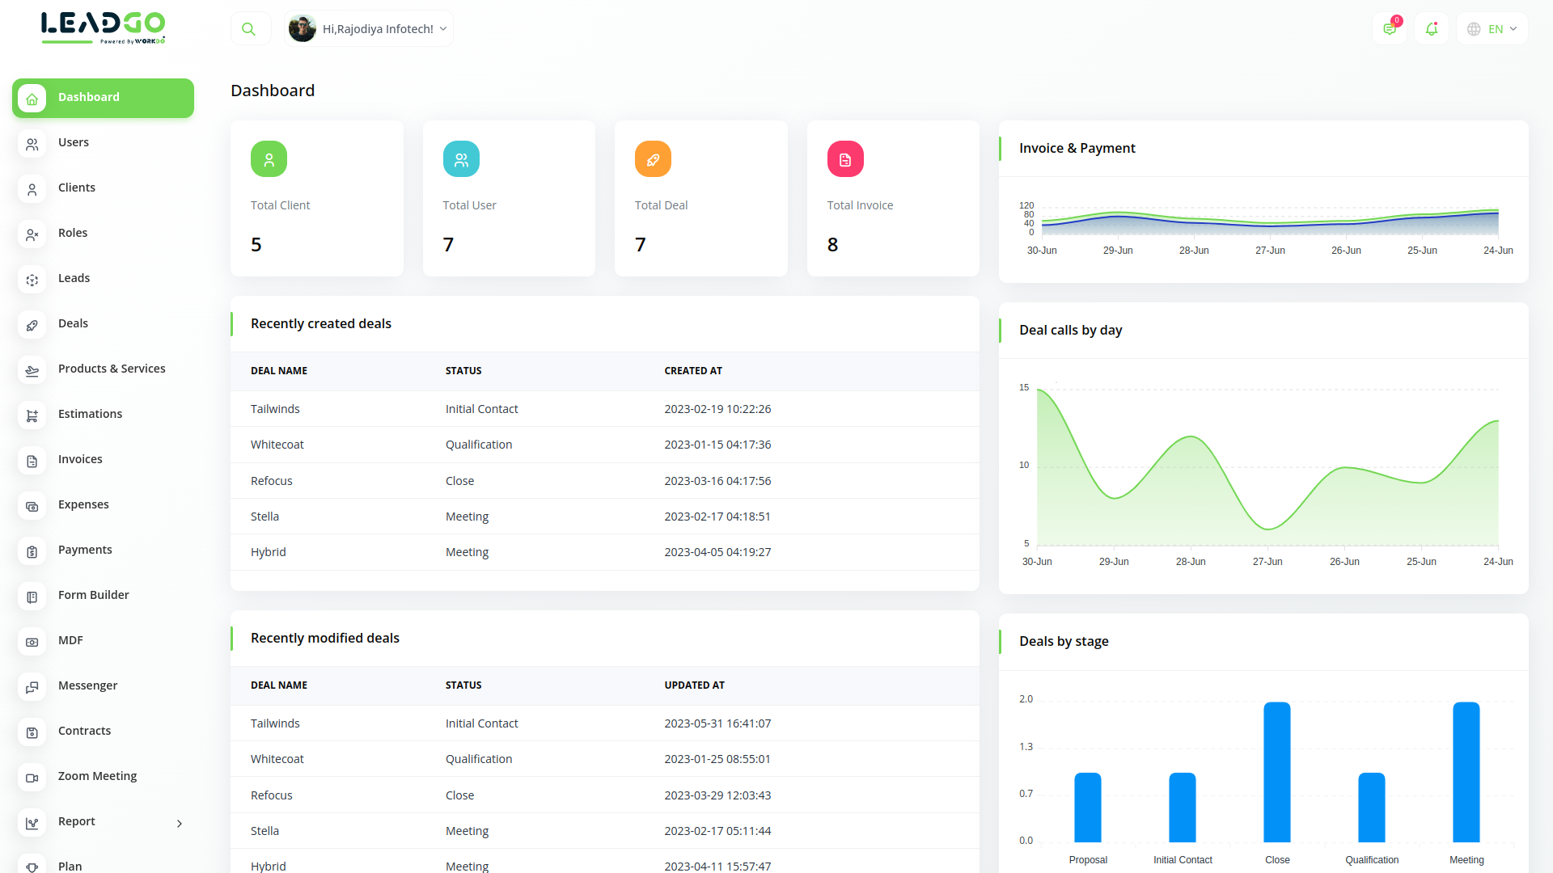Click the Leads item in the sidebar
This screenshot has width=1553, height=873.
pyautogui.click(x=74, y=278)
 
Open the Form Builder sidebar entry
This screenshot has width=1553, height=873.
pyautogui.click(x=93, y=595)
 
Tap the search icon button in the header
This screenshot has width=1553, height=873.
pyautogui.click(x=249, y=29)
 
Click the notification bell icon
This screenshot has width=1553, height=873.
pyautogui.click(x=1432, y=29)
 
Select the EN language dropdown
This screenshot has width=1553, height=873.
pyautogui.click(x=1492, y=29)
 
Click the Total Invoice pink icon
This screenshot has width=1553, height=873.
pyautogui.click(x=845, y=159)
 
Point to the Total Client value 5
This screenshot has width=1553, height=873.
pyautogui.click(x=256, y=245)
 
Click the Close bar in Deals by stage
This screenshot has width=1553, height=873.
pyautogui.click(x=1277, y=772)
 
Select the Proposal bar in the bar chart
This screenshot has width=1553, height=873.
pyautogui.click(x=1088, y=808)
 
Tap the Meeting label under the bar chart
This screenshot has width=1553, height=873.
pyautogui.click(x=1466, y=860)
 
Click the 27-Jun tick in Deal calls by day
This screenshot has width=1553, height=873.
pyautogui.click(x=1267, y=562)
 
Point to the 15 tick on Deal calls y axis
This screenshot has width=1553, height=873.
pyautogui.click(x=1024, y=388)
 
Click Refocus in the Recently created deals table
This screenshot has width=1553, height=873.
pyautogui.click(x=272, y=481)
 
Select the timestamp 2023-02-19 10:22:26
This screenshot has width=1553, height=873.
pyautogui.click(x=717, y=409)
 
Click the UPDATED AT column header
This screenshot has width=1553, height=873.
pyautogui.click(x=694, y=685)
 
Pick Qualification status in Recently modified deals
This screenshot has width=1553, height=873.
pyautogui.click(x=479, y=759)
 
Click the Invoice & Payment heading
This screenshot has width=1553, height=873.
pyautogui.click(x=1077, y=149)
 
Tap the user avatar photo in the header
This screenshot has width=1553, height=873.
pyautogui.click(x=303, y=29)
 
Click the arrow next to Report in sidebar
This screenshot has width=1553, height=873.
pyautogui.click(x=180, y=824)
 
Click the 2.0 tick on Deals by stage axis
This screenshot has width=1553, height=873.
pyautogui.click(x=1026, y=699)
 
